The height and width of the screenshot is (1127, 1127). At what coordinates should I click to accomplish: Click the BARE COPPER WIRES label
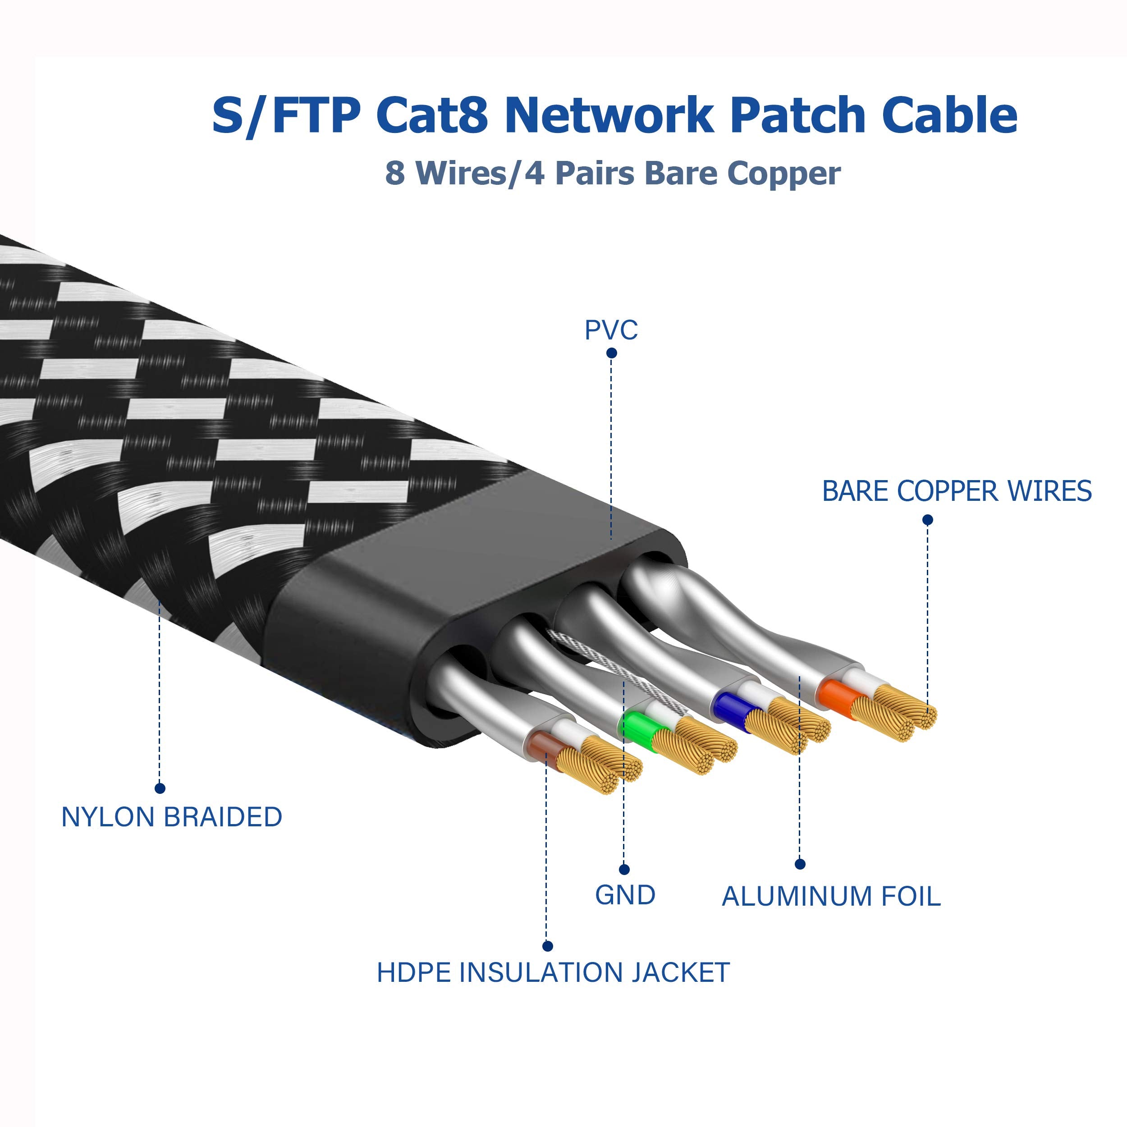[x=957, y=491]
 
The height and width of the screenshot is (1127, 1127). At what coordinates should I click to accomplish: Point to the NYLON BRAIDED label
[x=171, y=817]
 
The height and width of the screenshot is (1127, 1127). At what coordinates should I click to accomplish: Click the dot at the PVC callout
[x=611, y=353]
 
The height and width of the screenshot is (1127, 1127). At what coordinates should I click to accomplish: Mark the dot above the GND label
[x=624, y=870]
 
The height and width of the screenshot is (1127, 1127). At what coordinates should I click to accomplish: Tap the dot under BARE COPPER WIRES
[x=927, y=520]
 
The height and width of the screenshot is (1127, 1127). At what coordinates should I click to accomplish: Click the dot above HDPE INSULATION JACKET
[x=547, y=946]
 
